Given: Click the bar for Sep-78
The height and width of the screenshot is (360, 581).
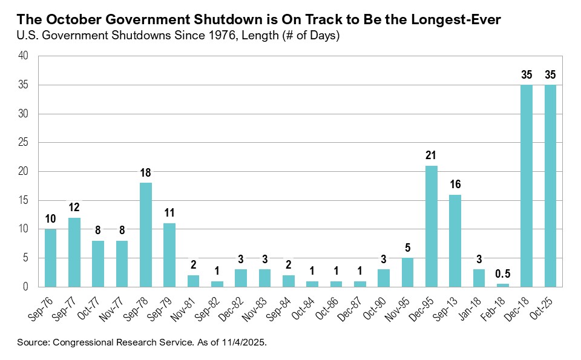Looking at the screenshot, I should point(146,235).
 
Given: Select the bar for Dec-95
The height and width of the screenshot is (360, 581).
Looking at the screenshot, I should point(431,226).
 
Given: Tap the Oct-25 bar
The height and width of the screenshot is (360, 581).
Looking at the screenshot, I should point(550,186).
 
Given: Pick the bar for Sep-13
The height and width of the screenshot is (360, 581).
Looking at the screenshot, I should point(455,241).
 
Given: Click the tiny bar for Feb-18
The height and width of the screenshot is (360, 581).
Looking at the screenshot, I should point(502,285).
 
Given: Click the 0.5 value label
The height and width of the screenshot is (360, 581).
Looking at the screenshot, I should point(502,274).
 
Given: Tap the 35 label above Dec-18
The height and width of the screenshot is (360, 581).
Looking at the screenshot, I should point(526,76).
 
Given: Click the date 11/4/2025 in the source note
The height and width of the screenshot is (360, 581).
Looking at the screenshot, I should point(245,342).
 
